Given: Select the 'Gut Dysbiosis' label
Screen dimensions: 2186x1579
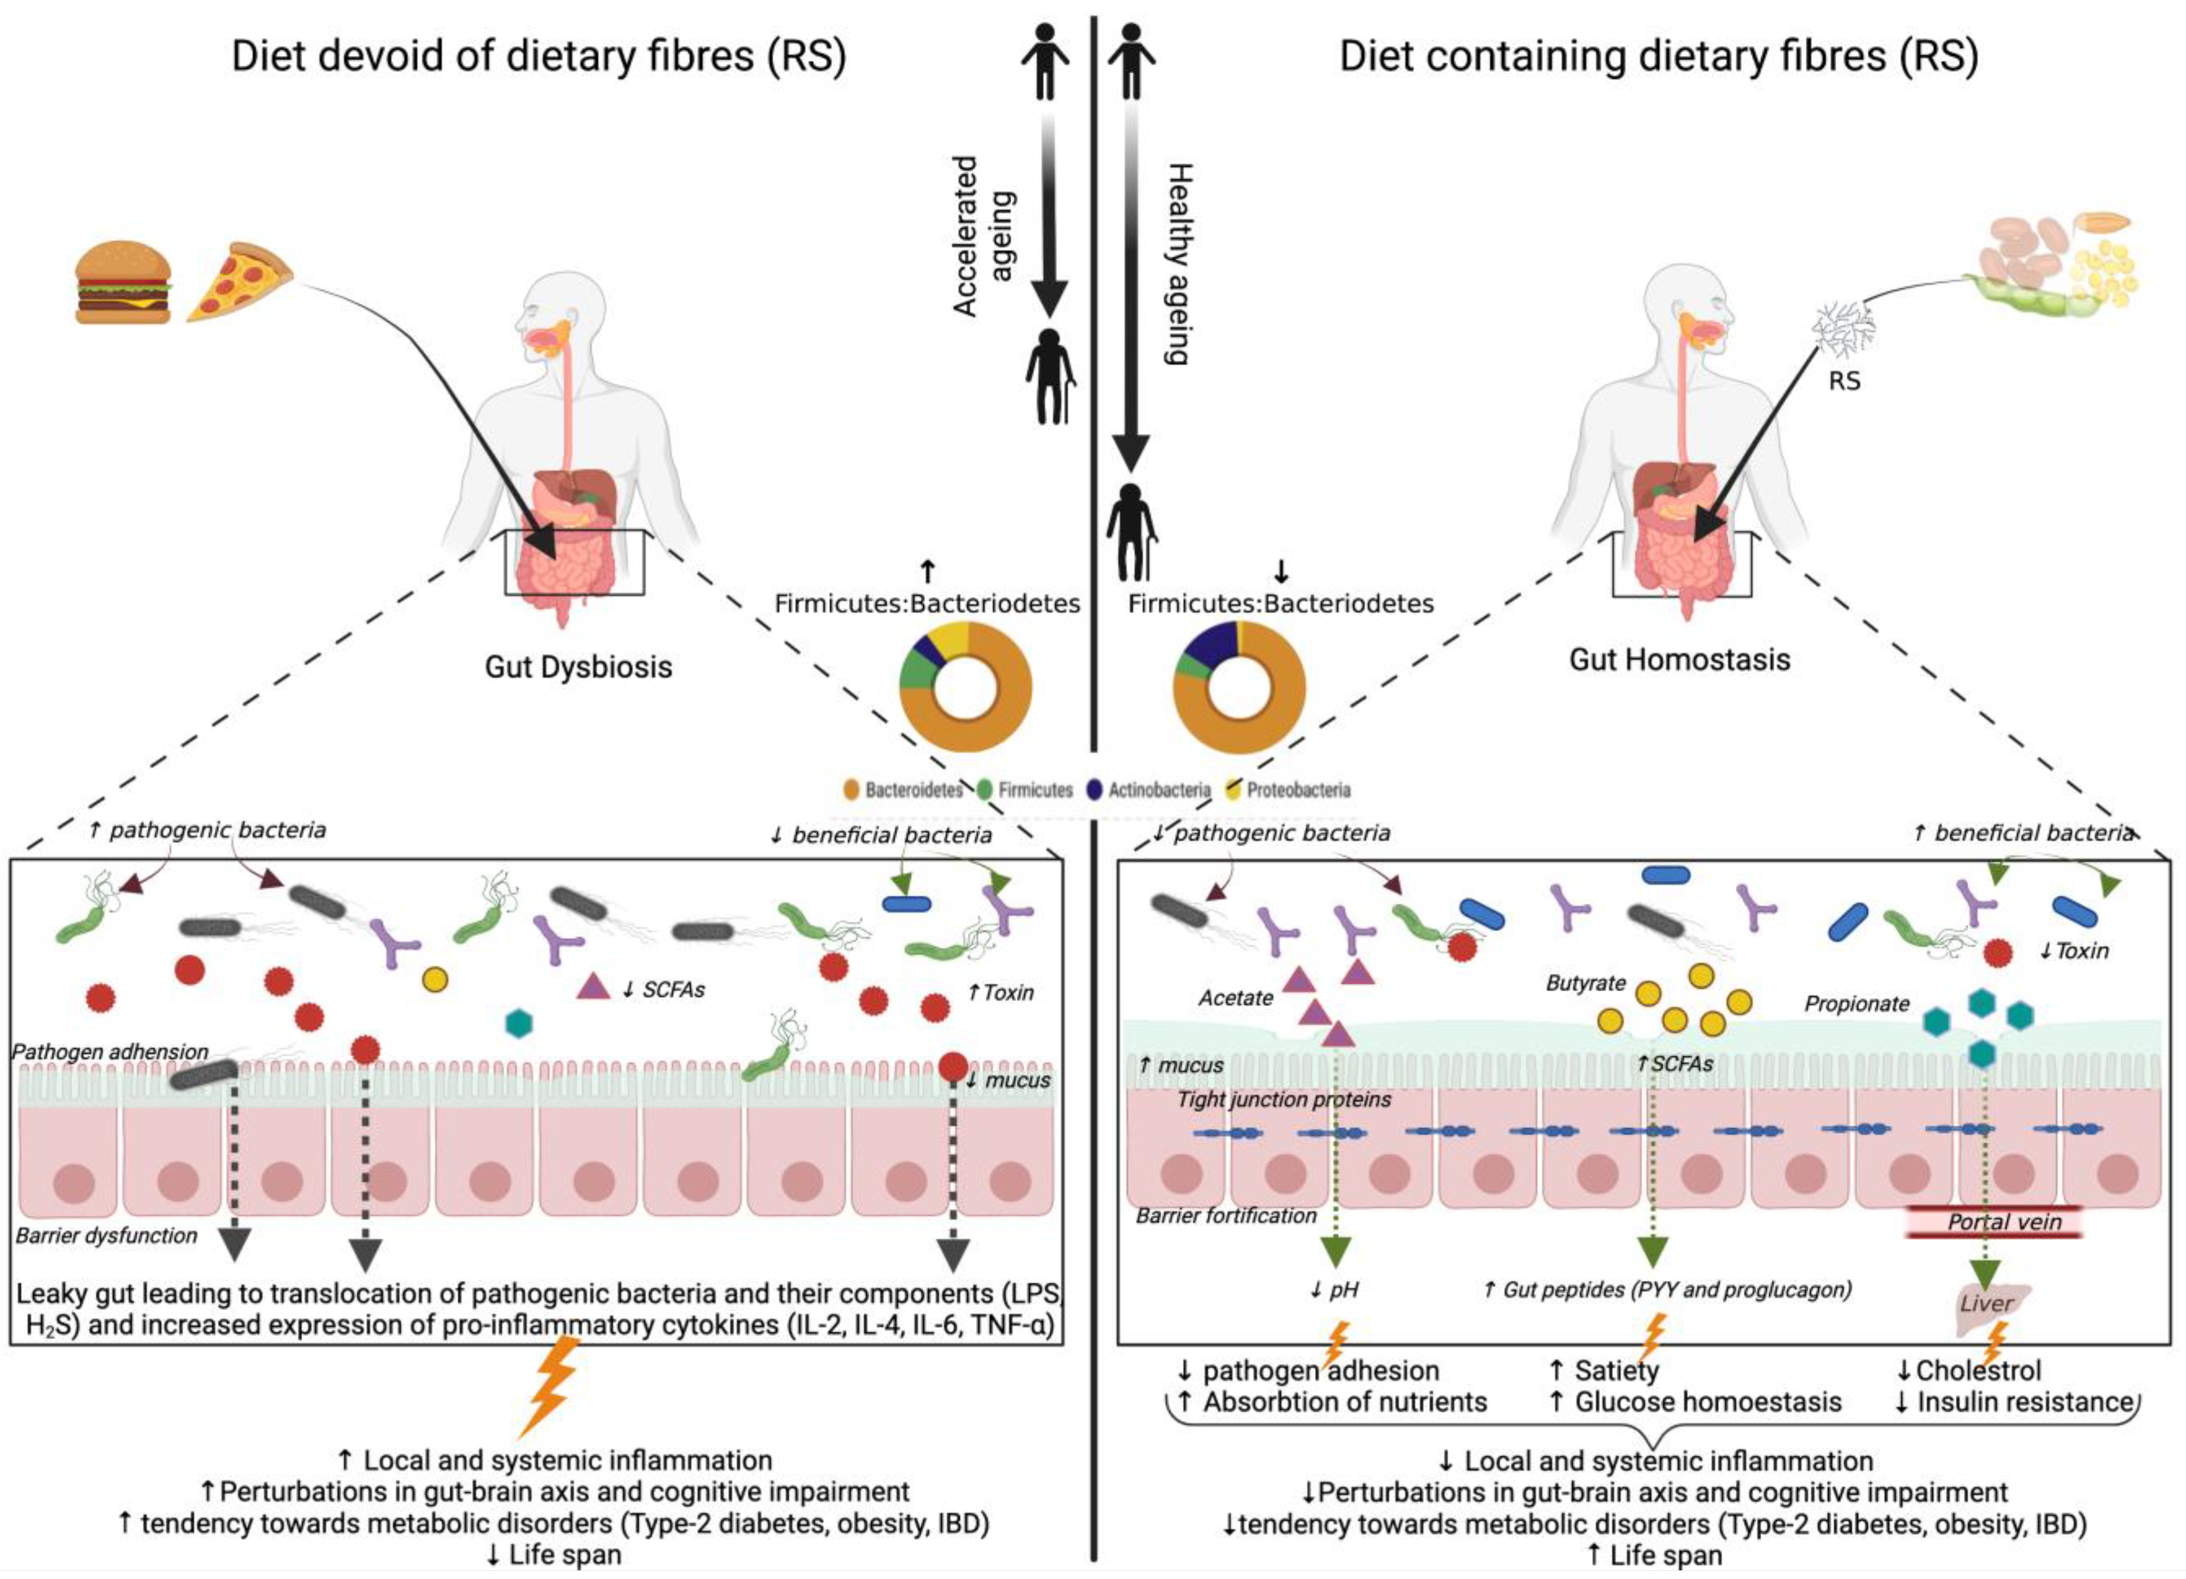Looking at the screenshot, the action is (x=578, y=667).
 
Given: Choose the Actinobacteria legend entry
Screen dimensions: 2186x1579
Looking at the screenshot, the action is (x=1149, y=790).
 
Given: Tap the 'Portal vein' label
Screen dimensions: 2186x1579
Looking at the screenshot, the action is (x=2005, y=1222).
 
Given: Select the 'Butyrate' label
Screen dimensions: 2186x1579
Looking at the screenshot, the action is (x=1585, y=983).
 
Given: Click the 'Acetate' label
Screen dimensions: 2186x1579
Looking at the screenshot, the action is (x=1236, y=998).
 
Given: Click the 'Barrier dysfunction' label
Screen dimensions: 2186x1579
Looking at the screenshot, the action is (x=106, y=1236).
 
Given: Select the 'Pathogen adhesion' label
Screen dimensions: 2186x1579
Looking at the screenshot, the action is (x=110, y=1052).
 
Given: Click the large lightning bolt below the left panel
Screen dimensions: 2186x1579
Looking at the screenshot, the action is (x=550, y=1385).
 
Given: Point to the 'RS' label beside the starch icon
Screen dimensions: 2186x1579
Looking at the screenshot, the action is (x=1844, y=382).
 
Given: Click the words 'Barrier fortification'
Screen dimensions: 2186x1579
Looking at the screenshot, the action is (x=1226, y=1216).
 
